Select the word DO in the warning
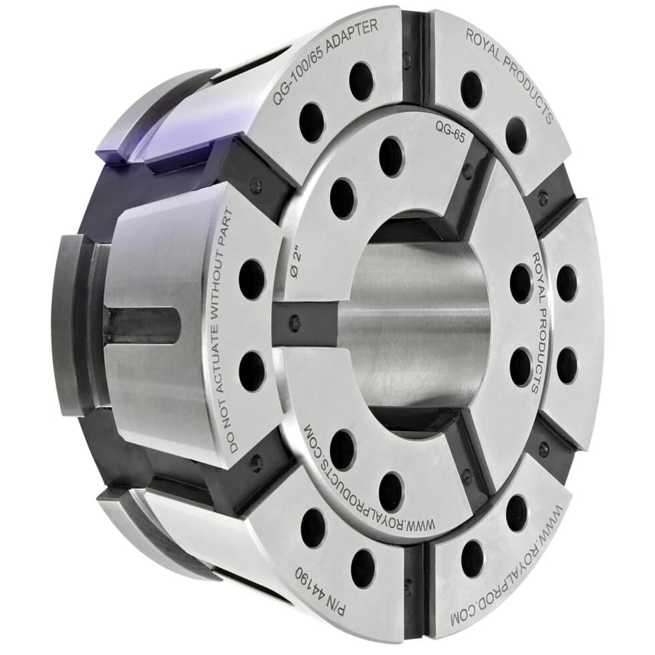[x=231, y=445]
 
